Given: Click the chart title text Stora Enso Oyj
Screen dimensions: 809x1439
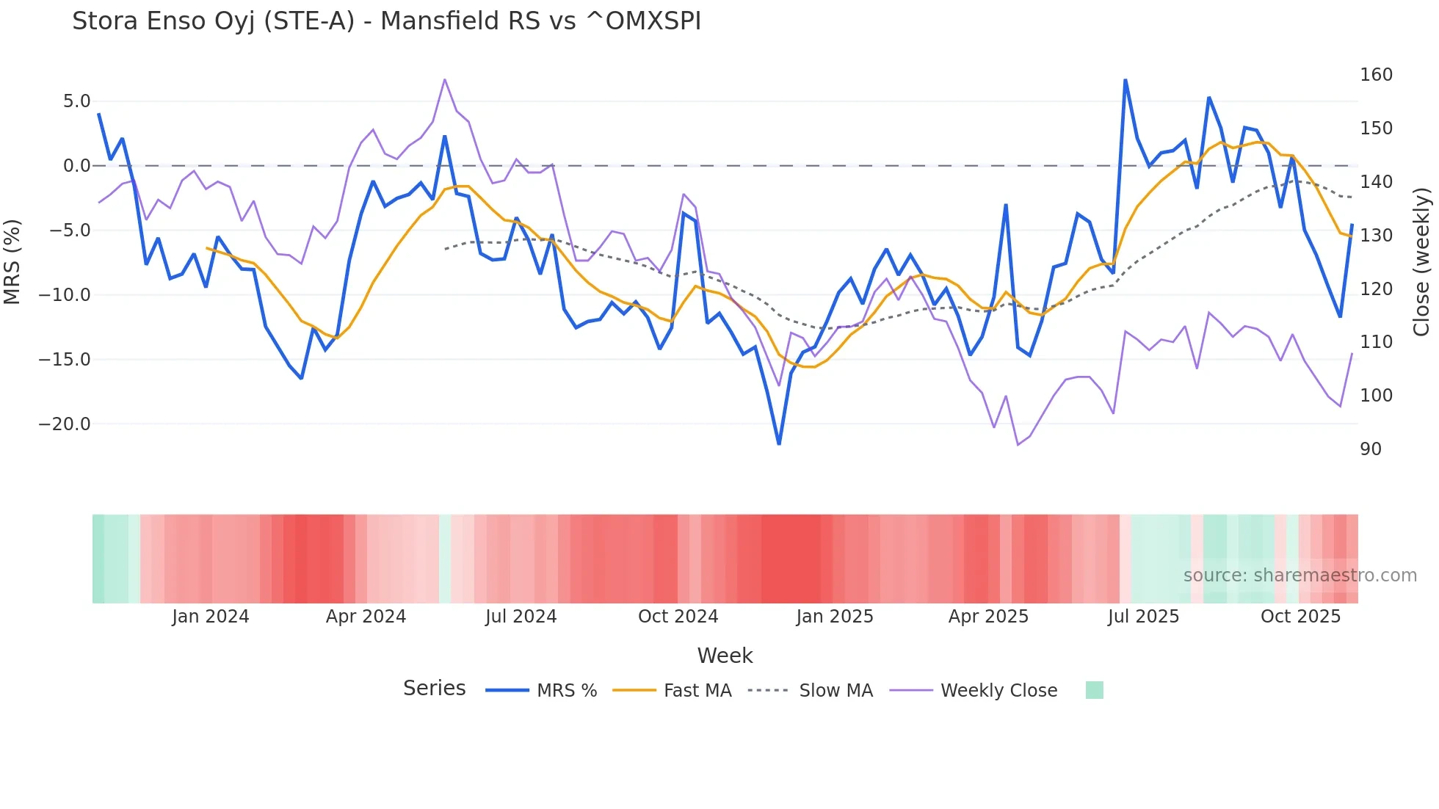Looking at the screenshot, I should click(x=386, y=21).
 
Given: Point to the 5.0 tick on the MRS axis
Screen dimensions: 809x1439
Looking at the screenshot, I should click(x=76, y=101).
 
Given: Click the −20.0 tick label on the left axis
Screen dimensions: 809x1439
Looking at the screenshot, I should click(x=65, y=424).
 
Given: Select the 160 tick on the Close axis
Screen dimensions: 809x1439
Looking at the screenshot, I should click(x=1376, y=75).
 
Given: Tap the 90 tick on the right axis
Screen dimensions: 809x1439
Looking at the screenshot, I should click(x=1371, y=449).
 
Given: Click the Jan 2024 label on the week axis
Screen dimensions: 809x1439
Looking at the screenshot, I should click(x=211, y=617).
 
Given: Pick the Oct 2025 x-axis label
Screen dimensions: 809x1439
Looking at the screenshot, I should click(x=1300, y=617).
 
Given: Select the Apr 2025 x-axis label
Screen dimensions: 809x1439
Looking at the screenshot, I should click(x=988, y=617).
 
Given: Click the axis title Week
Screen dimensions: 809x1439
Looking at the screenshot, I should click(x=725, y=656).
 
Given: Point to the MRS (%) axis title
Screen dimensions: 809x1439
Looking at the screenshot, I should click(x=12, y=262).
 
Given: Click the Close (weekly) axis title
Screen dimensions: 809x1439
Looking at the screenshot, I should click(x=1421, y=262).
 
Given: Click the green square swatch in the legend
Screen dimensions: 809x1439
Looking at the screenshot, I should click(x=1094, y=690).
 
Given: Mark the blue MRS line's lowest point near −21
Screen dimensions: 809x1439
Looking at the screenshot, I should click(x=779, y=443).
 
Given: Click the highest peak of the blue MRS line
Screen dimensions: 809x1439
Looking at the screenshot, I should click(x=1125, y=79).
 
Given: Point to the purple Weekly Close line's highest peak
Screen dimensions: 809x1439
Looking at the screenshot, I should click(x=445, y=79).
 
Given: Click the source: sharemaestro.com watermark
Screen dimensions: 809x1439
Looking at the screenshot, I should click(x=1300, y=576).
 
